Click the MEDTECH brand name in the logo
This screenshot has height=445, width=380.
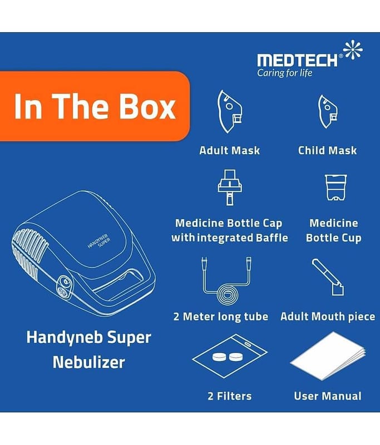click(x=297, y=61)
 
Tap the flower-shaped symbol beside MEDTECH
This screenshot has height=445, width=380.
click(x=353, y=50)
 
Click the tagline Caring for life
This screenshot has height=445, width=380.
click(x=285, y=73)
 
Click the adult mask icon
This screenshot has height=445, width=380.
click(x=229, y=112)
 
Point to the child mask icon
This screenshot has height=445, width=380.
click(x=328, y=112)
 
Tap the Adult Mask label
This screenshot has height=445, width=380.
click(x=230, y=150)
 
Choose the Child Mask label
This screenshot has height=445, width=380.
click(x=328, y=150)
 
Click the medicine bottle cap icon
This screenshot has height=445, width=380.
click(x=230, y=187)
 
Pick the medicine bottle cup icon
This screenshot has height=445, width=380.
click(x=335, y=187)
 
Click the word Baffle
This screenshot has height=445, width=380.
click(x=272, y=238)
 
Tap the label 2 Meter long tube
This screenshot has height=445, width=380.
click(x=221, y=317)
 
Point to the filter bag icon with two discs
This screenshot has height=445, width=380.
click(x=230, y=356)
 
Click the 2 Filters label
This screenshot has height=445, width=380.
click(x=230, y=396)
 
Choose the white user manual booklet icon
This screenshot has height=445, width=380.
click(x=328, y=356)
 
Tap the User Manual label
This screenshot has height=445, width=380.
click(x=328, y=396)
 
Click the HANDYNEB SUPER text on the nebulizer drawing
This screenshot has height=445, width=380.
click(x=99, y=242)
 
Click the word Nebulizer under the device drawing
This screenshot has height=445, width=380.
click(x=89, y=363)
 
